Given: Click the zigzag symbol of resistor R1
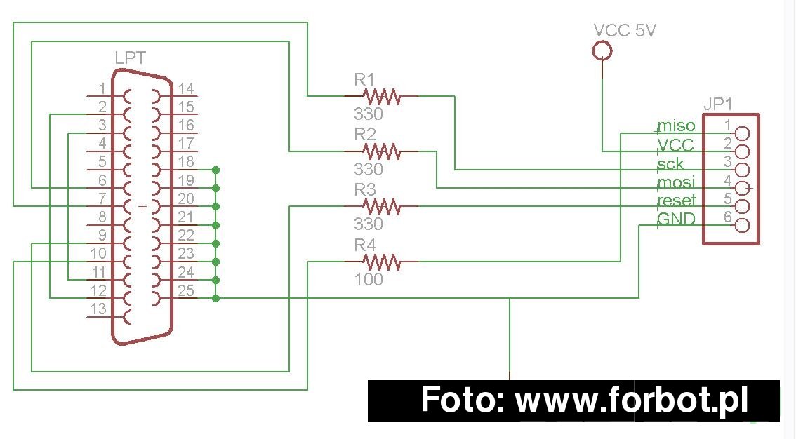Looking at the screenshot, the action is point(381,96).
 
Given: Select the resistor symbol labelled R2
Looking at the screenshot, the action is point(381,151).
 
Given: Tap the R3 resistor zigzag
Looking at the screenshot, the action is point(381,206).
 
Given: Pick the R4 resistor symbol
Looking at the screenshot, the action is point(381,262).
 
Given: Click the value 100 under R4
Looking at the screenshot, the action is point(369,279).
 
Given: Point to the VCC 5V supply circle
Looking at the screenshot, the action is point(602,50).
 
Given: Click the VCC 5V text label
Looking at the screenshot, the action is point(625,30).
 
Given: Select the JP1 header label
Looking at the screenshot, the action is point(718,104).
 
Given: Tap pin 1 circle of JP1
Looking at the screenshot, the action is point(742,133).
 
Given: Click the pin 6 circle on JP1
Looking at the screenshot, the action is point(742,225).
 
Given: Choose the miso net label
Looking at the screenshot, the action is point(676,126).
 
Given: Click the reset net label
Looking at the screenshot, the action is point(677,201).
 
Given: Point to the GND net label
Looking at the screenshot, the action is point(676,219).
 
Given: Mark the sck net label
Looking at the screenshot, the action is point(670,163).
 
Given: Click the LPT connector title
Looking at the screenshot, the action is point(131,58).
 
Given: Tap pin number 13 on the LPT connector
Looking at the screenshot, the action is point(98,309).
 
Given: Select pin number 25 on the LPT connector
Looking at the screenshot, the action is point(186,290).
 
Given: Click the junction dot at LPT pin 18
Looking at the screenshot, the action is point(215,169).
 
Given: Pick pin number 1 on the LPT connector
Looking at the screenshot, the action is point(102,89).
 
